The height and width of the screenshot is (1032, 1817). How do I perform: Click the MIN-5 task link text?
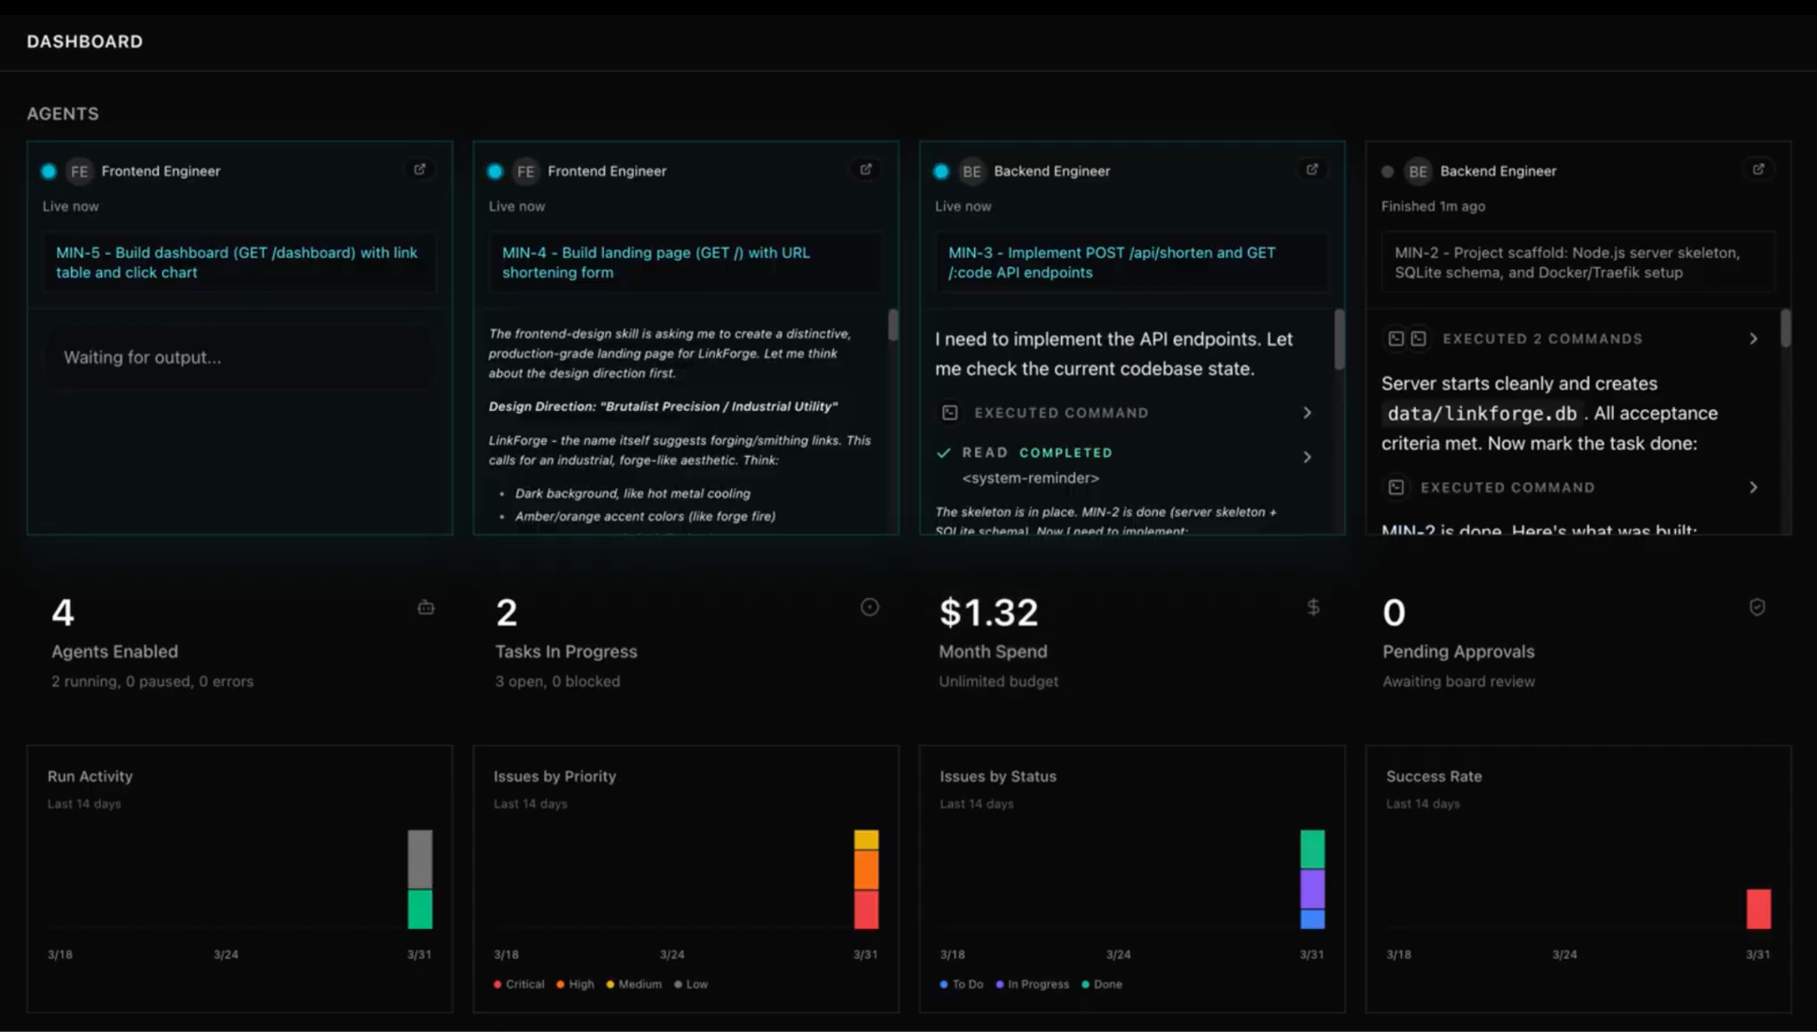click(236, 263)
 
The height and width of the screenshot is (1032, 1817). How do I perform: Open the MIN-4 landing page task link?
click(656, 263)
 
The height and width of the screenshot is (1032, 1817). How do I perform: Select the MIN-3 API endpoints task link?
click(1111, 263)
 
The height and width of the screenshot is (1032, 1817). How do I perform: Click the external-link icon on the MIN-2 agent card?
click(1758, 169)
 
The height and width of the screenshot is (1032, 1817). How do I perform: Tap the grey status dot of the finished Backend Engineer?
click(1388, 171)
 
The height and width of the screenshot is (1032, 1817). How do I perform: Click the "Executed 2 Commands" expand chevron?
click(1753, 339)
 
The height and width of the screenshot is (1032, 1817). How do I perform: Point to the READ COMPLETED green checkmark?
click(943, 453)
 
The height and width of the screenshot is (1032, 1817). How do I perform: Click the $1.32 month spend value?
click(988, 612)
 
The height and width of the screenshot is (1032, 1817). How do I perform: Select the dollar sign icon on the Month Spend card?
click(1313, 607)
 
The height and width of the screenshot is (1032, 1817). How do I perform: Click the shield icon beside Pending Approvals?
click(1757, 607)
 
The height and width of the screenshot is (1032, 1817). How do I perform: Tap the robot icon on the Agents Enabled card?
click(426, 608)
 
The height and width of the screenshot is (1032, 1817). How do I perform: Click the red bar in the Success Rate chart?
click(1758, 909)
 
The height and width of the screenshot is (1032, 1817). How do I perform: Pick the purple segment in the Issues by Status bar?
click(1312, 889)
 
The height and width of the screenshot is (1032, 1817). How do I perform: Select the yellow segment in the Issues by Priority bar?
click(866, 839)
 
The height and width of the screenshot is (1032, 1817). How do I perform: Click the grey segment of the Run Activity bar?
click(420, 859)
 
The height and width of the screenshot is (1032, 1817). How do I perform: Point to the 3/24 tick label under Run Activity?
click(225, 955)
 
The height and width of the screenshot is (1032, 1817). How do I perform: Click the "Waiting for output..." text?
click(142, 358)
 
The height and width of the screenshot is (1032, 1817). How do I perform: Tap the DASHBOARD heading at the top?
click(84, 42)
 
